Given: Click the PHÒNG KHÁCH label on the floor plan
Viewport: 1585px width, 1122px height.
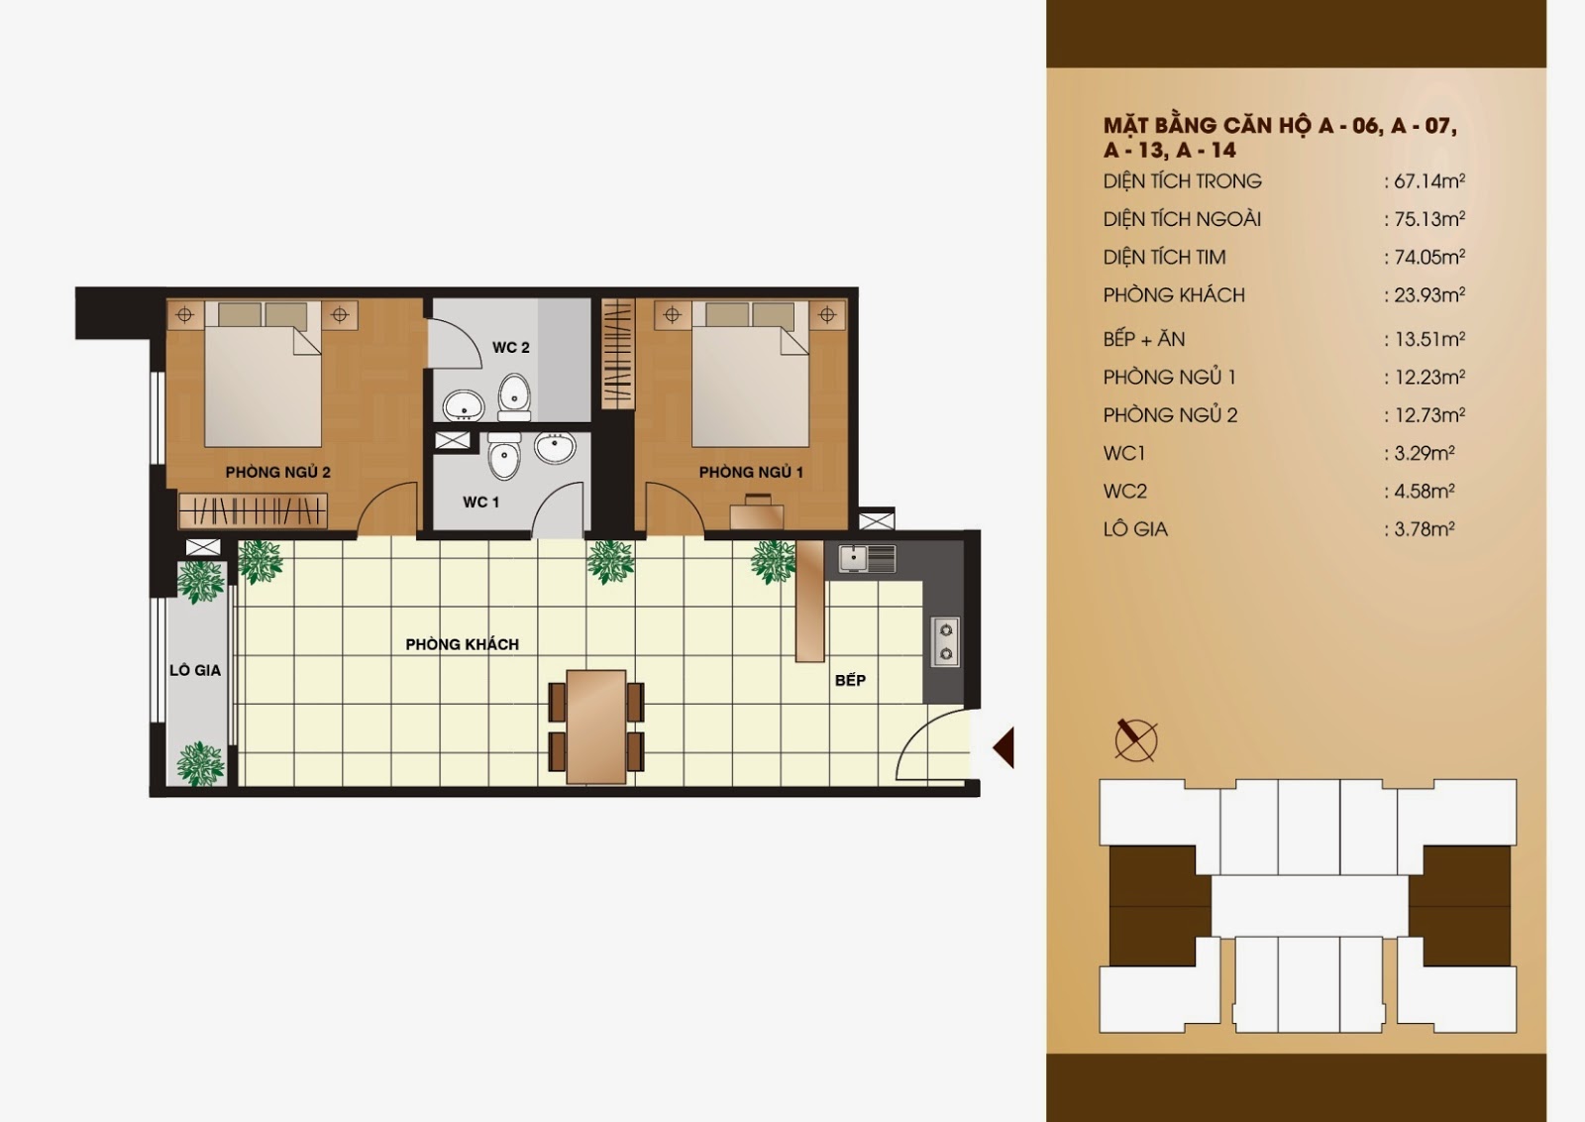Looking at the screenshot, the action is (462, 644).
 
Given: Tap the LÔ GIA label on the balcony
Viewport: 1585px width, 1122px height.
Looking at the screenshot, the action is (195, 670).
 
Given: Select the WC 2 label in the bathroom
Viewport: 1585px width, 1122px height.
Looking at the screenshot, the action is (511, 348).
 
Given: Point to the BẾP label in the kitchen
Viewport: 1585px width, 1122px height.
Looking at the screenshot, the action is (850, 680).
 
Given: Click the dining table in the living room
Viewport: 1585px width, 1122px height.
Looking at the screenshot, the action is (595, 727).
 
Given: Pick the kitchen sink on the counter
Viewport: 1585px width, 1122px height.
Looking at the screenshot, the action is (868, 559).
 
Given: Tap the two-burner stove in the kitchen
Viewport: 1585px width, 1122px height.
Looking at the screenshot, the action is (945, 642).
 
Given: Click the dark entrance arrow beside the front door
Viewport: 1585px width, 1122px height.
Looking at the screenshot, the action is (1004, 746).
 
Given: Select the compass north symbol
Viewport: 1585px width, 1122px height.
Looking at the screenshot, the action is (1135, 740).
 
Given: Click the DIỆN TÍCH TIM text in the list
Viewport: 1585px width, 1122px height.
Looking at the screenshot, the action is (1164, 257).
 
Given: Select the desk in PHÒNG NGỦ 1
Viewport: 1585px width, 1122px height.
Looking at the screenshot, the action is (757, 516).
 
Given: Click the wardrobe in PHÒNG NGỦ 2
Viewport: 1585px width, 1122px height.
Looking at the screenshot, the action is (253, 509).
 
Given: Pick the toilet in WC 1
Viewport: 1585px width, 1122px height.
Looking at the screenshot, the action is (504, 456).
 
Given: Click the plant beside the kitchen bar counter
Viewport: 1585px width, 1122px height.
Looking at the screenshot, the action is (773, 562).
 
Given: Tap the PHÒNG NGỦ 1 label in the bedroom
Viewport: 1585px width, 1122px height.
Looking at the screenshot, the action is (751, 472).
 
